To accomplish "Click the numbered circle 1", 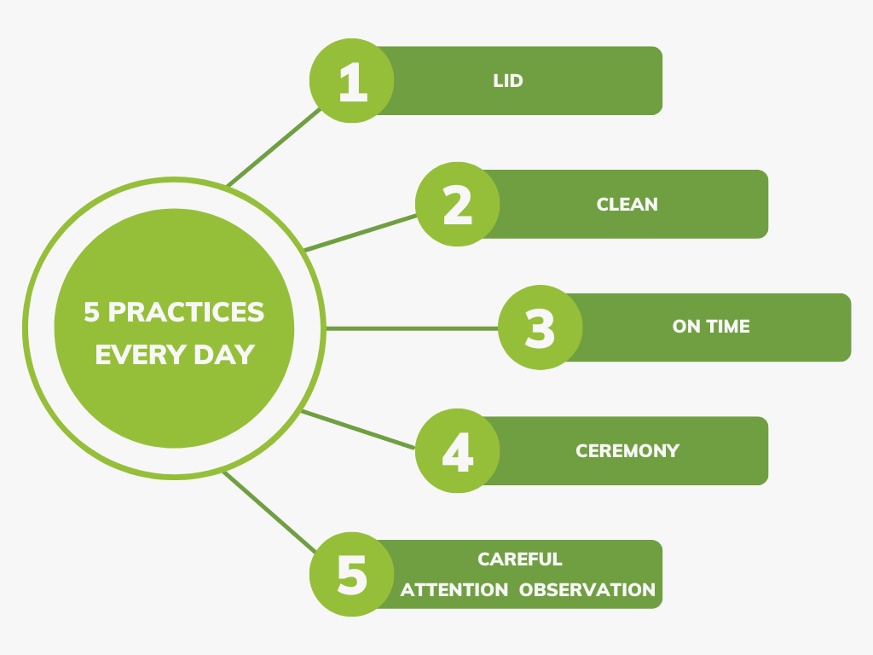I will (351, 81).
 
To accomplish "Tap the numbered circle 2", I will (458, 205).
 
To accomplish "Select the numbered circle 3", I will (540, 327).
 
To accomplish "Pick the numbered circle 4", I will (458, 450).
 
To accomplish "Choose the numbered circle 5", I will (351, 574).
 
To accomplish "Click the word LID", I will (507, 81).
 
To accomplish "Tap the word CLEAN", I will (627, 205).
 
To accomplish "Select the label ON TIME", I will (711, 327).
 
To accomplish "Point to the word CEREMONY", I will (627, 450).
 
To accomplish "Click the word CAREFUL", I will (520, 559).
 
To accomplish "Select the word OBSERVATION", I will (587, 589).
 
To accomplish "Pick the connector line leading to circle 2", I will (361, 232).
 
